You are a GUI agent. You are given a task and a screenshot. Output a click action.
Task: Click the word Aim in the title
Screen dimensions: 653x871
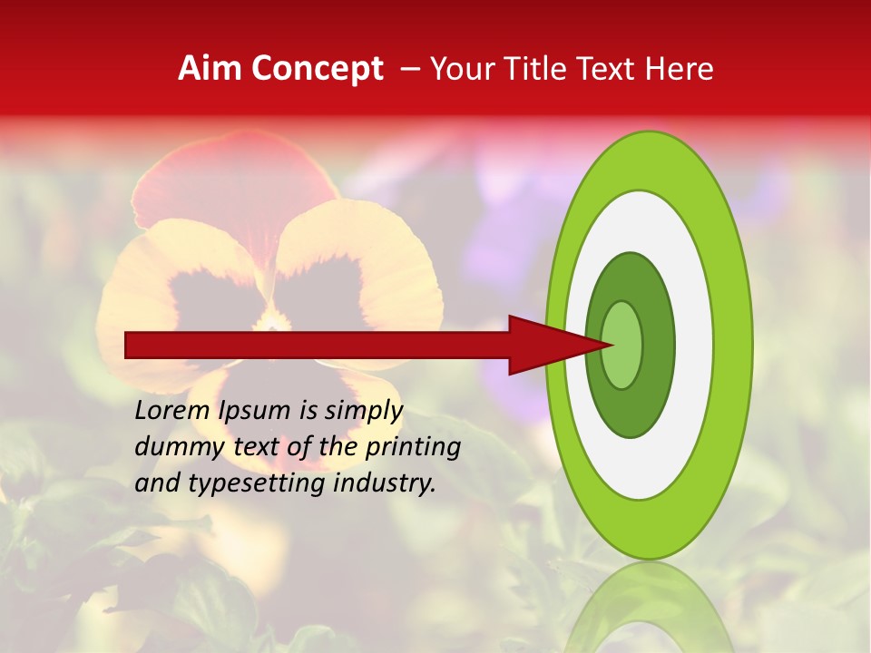pos(210,69)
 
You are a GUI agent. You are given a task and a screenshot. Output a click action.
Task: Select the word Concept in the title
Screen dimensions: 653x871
pos(317,70)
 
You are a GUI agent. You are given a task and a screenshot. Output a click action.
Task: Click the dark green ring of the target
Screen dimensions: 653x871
pos(630,413)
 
